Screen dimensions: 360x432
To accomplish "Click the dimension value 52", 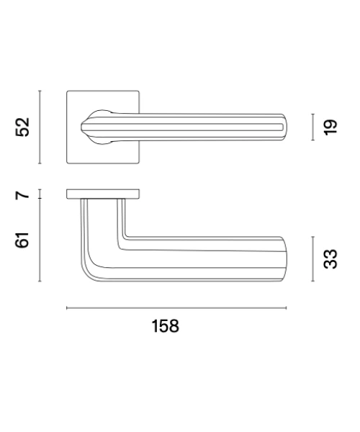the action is (22, 127).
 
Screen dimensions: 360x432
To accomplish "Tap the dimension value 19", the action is (330, 127).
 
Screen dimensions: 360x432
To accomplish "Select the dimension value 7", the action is (22, 195).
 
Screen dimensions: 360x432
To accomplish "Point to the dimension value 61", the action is (22, 240).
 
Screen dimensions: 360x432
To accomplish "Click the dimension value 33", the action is (330, 258).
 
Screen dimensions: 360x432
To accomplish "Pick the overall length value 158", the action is (166, 326).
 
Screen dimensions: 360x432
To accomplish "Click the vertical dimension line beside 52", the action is (40, 127).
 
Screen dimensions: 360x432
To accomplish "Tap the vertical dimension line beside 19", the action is (313, 127).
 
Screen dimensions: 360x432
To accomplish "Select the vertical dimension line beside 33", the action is (313, 259).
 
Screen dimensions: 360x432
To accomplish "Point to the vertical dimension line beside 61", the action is (40, 240).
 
